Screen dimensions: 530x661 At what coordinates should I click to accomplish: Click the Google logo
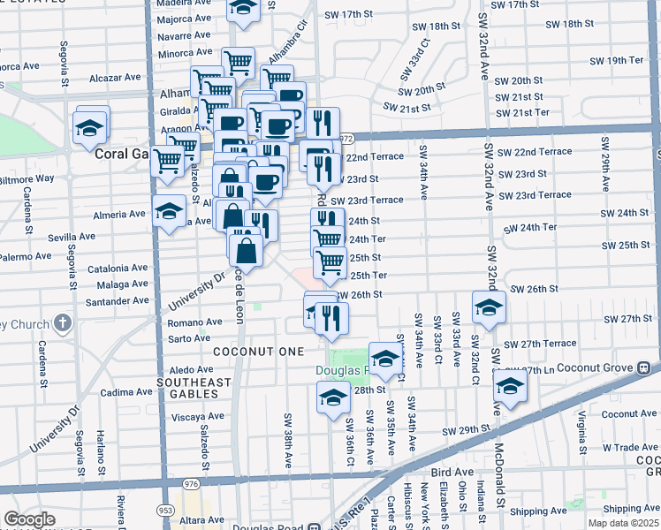(x=29, y=519)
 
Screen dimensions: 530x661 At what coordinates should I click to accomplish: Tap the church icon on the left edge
(x=62, y=322)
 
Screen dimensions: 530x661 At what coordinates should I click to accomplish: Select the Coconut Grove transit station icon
(x=645, y=367)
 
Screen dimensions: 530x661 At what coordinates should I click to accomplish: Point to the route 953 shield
(x=165, y=511)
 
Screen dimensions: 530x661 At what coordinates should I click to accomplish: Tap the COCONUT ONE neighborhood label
(x=246, y=351)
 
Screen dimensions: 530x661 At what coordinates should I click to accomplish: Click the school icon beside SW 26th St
(x=489, y=307)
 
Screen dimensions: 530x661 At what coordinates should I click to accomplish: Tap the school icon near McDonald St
(x=510, y=386)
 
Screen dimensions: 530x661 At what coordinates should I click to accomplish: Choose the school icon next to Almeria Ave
(x=169, y=211)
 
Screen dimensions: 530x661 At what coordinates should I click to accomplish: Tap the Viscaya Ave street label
(x=198, y=415)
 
